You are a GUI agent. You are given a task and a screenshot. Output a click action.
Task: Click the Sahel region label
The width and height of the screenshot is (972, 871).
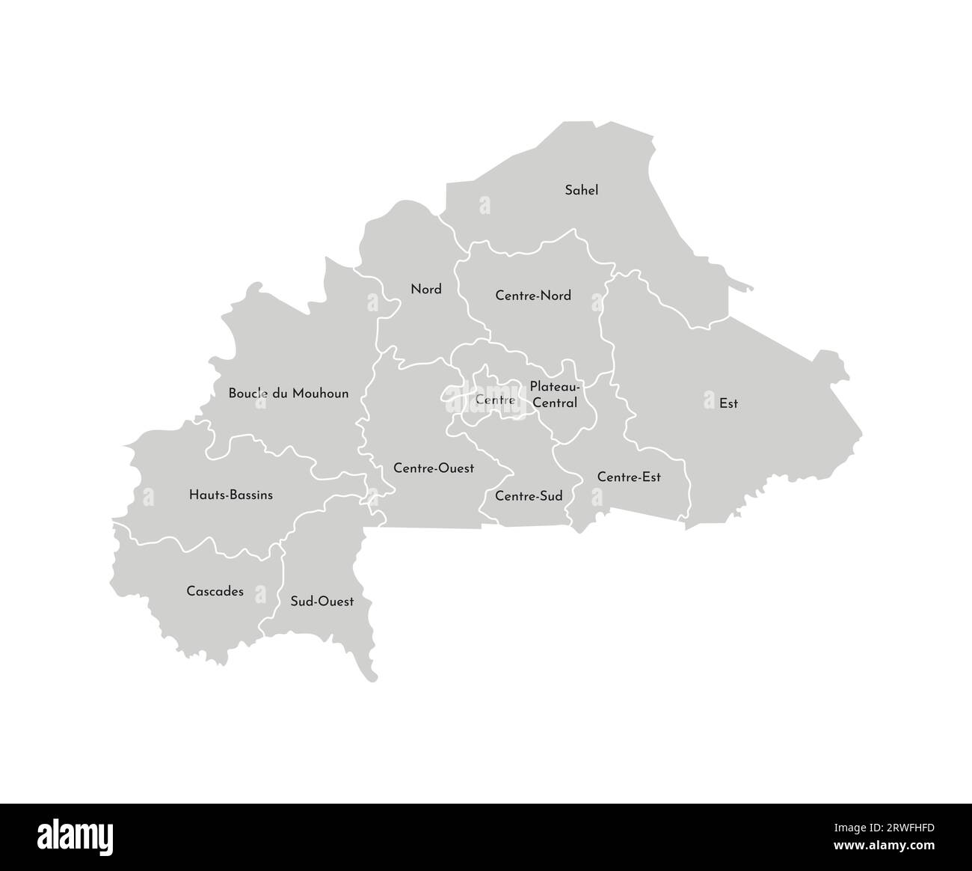click(581, 190)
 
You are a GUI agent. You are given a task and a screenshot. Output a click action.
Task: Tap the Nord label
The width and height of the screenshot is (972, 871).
click(426, 289)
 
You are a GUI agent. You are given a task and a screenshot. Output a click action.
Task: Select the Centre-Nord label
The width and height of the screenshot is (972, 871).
click(533, 296)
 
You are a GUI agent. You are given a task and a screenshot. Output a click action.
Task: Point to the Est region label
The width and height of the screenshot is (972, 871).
click(728, 403)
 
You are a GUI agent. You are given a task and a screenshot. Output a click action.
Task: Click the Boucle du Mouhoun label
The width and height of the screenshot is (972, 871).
click(289, 393)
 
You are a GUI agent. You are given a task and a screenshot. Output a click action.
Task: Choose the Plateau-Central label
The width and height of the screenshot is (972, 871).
click(555, 394)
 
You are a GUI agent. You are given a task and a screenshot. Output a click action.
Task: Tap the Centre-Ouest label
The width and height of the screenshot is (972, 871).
click(434, 468)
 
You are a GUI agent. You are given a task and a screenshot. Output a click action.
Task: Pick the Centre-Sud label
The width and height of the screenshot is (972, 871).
click(529, 496)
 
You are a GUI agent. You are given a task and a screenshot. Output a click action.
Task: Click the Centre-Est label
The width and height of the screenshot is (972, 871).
click(629, 477)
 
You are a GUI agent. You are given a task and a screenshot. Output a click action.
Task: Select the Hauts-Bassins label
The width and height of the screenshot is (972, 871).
click(231, 495)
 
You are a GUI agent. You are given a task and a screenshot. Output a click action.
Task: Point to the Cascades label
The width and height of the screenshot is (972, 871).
click(215, 591)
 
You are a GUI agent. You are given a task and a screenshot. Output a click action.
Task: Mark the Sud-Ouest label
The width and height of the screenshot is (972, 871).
click(322, 601)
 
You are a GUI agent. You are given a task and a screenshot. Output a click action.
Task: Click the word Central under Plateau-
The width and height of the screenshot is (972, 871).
click(555, 403)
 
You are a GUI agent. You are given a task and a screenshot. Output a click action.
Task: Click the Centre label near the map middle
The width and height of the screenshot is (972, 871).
click(495, 400)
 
